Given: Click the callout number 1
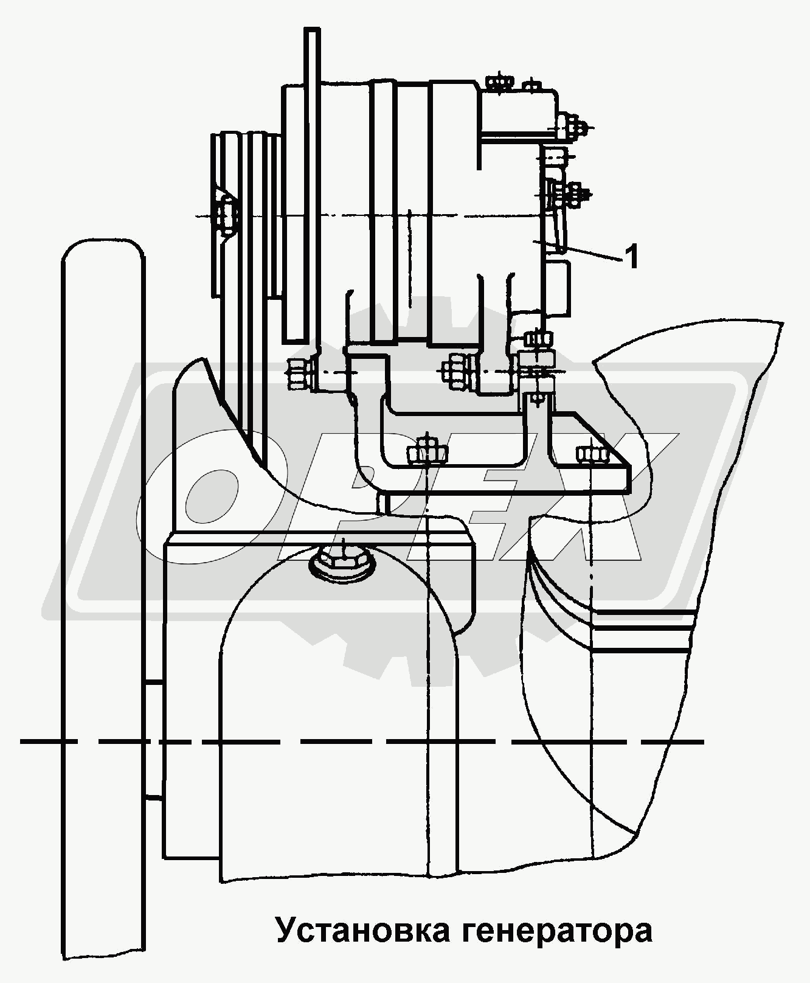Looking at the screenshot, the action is pyautogui.click(x=632, y=257).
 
